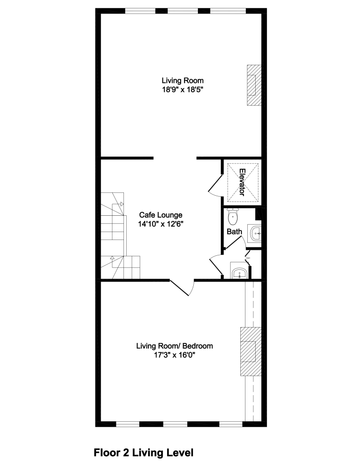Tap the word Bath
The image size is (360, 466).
(x=234, y=231)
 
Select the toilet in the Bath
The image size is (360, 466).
(x=233, y=216)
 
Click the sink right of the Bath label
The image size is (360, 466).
(x=254, y=233)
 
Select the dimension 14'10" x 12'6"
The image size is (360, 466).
(x=161, y=224)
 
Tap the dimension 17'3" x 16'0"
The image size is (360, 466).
(x=175, y=355)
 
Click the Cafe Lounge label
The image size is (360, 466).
(x=161, y=215)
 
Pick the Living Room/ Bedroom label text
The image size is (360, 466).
(x=175, y=346)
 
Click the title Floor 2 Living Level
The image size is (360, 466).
(x=143, y=452)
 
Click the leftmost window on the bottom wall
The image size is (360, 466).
(x=127, y=424)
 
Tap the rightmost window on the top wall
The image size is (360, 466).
(x=228, y=11)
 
